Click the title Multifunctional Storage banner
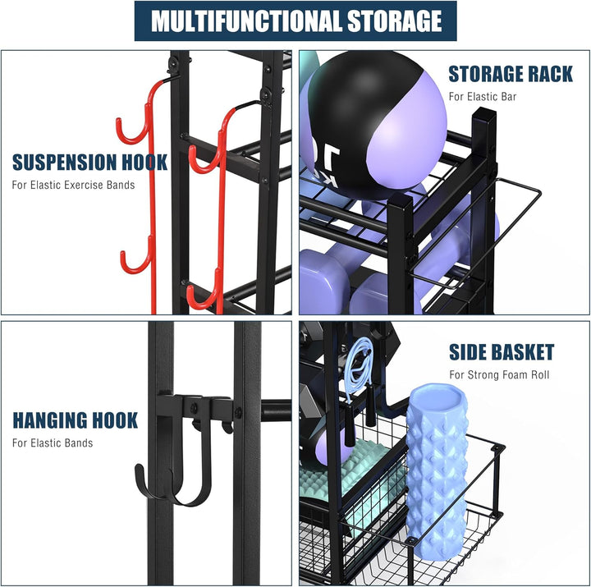(x=295, y=21)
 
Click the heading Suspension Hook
(x=89, y=162)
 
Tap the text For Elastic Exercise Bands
(x=73, y=185)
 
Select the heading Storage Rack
(x=510, y=74)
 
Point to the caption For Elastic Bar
(x=482, y=97)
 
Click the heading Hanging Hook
(x=75, y=421)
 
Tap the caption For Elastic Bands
(x=53, y=443)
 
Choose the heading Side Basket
(x=502, y=353)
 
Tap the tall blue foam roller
(x=437, y=468)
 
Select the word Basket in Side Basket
(x=525, y=353)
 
